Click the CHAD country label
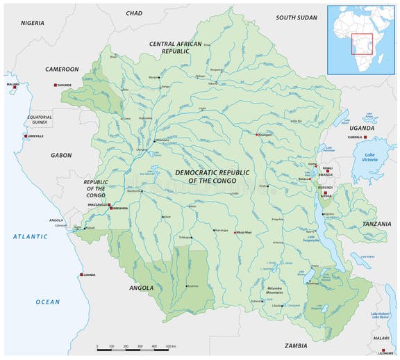134,13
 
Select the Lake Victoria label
369,158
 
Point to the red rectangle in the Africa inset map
362,44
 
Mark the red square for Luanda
81,274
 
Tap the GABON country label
61,156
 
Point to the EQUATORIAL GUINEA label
40,120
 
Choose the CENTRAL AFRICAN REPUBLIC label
175,47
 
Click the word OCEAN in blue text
48,302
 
